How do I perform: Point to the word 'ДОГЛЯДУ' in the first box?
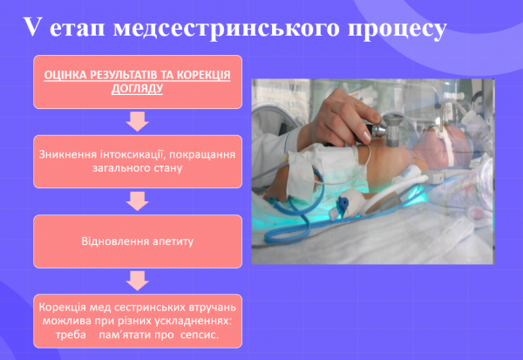pyautogui.click(x=137, y=89)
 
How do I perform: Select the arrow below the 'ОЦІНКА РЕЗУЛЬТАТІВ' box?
pyautogui.click(x=137, y=120)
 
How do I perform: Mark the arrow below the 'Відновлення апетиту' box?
pyautogui.click(x=137, y=280)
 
